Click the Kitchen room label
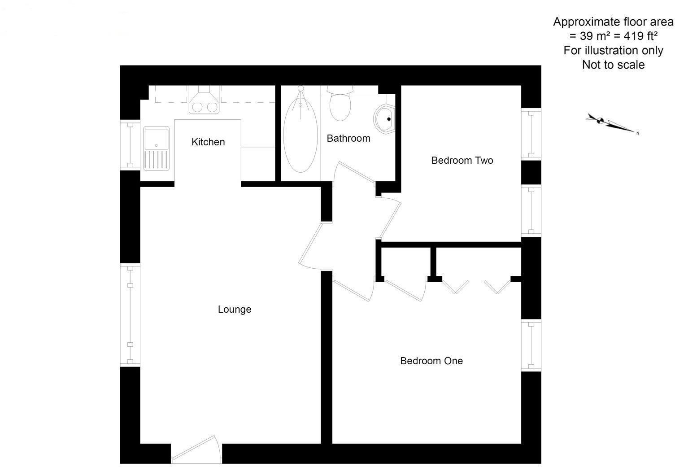[208, 142]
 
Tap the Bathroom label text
[348, 138]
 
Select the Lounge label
[235, 310]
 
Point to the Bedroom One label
[431, 361]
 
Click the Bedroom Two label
[462, 161]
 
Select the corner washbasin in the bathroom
[384, 118]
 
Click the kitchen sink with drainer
[157, 148]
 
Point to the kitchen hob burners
[205, 108]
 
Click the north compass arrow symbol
[610, 123]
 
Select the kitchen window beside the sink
[130, 145]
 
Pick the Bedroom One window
[531, 345]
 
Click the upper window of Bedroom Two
[531, 133]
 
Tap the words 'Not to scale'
[613, 65]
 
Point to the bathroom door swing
[354, 173]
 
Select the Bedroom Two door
[390, 218]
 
